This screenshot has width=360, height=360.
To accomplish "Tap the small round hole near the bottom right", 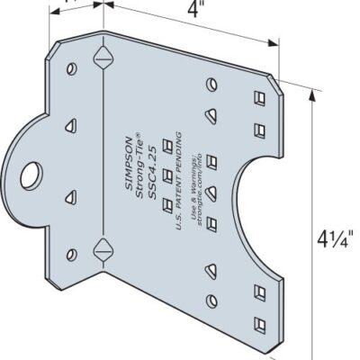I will pyautogui.click(x=213, y=301).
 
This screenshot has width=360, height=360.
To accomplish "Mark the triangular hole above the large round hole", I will pyautogui.click(x=67, y=124).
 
